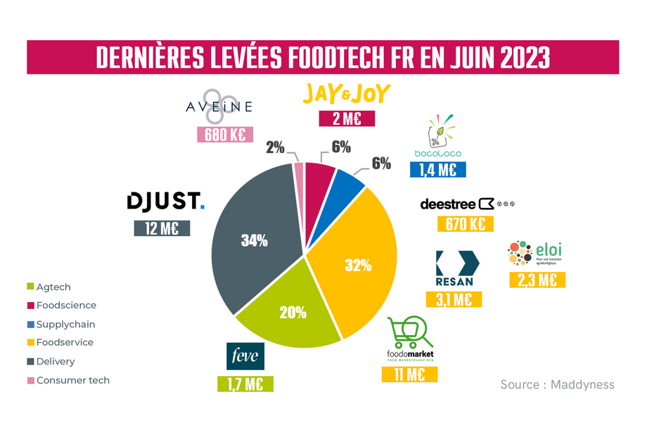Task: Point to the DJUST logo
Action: (x=165, y=202)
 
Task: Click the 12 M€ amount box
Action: (x=162, y=228)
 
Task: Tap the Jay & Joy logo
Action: (x=345, y=94)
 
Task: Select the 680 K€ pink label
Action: (x=224, y=135)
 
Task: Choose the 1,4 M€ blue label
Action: (x=437, y=169)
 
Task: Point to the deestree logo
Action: (x=468, y=204)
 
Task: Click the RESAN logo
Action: (x=456, y=268)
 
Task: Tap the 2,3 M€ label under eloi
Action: (x=537, y=280)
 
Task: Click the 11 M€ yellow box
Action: (x=409, y=374)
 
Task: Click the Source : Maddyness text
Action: (x=557, y=384)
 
